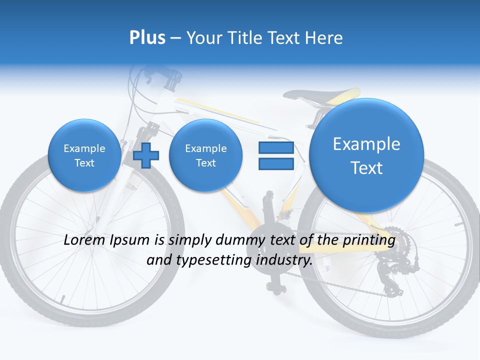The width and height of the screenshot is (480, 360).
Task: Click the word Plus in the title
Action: [x=147, y=38]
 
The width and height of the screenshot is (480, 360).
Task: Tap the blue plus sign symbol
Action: [x=146, y=155]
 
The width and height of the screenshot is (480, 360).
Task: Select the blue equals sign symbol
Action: [x=275, y=155]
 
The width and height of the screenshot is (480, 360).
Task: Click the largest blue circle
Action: [x=366, y=155]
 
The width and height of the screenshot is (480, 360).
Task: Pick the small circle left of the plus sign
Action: [x=84, y=155]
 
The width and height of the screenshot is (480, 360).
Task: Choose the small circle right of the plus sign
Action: [x=205, y=155]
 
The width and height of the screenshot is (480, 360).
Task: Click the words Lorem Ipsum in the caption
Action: [x=107, y=240]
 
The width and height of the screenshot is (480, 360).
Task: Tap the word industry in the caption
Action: [x=284, y=260]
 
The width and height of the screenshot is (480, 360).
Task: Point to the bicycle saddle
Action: [x=320, y=95]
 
